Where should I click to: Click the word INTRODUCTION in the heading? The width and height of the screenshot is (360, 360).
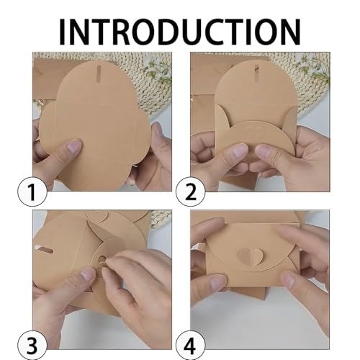pos(180,31)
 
